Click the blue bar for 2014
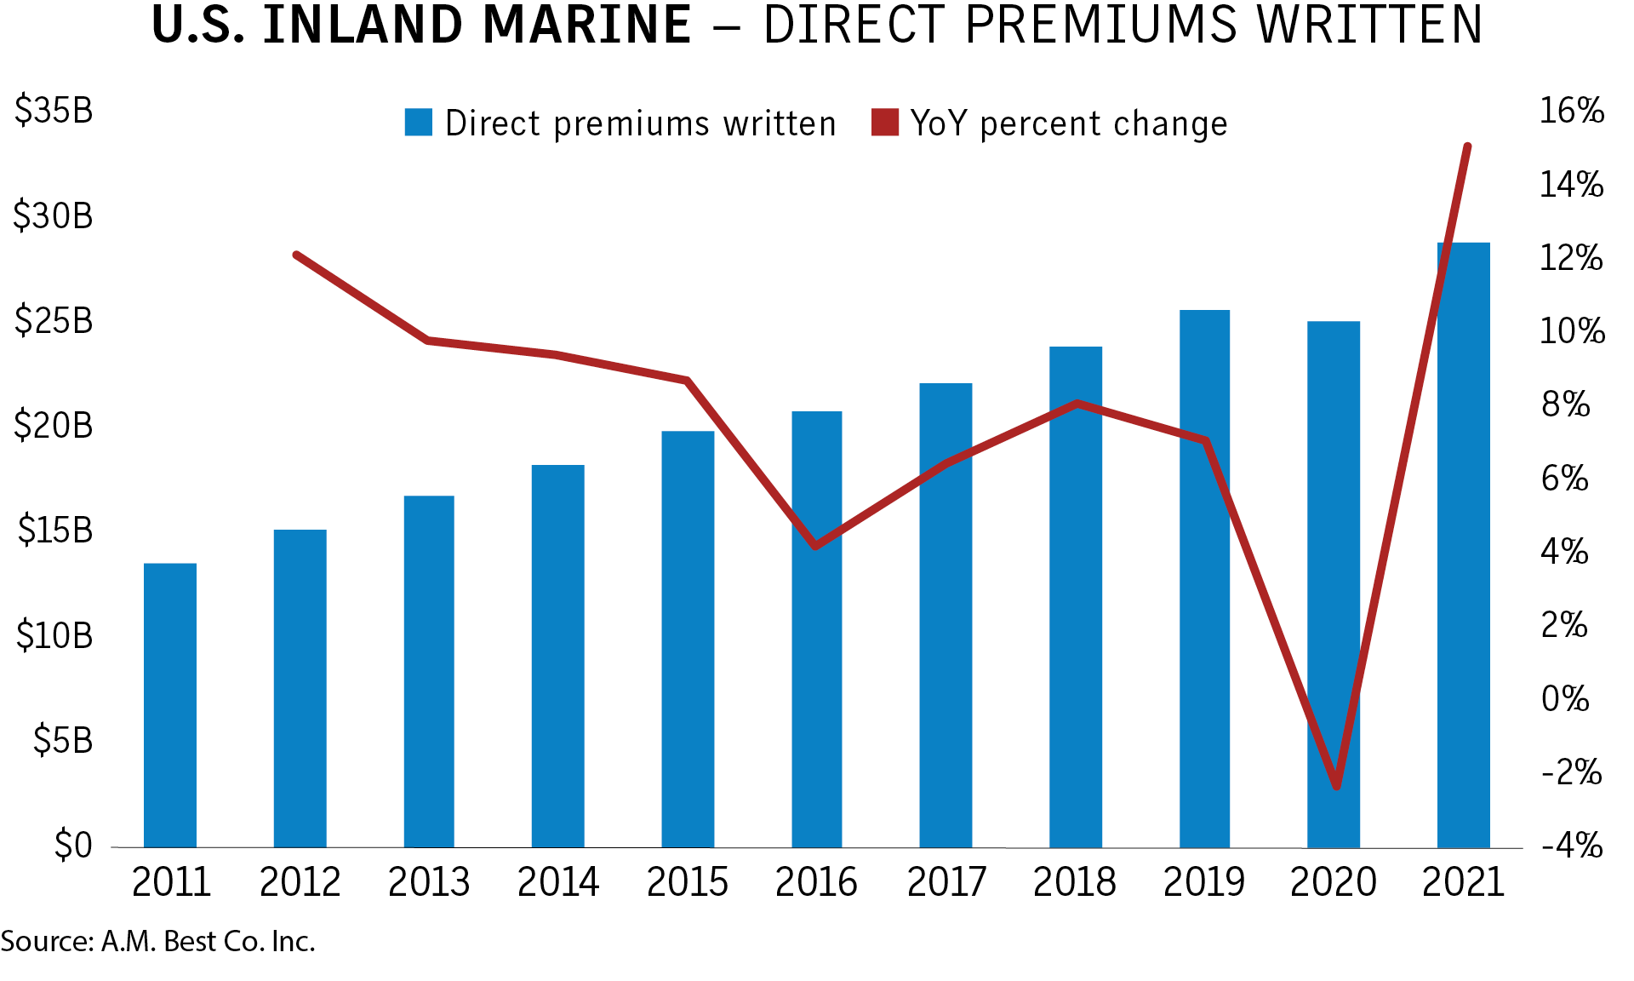pos(558,656)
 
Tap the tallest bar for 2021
pos(1464,545)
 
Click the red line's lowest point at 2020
pos(1336,785)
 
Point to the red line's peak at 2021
pos(1467,147)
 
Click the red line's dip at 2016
pos(815,546)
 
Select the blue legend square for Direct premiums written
pos(418,123)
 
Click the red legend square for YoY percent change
pos(885,123)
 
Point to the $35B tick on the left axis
pos(54,111)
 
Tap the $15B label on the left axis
pos(55,531)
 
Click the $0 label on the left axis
pos(72,845)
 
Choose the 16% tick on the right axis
pos(1571,111)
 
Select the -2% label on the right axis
pos(1571,772)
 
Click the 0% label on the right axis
pos(1565,699)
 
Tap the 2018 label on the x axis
pos(1074,882)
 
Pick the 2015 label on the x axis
pos(688,882)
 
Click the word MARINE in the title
pos(586,26)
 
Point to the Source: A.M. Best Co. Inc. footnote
pos(158,942)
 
